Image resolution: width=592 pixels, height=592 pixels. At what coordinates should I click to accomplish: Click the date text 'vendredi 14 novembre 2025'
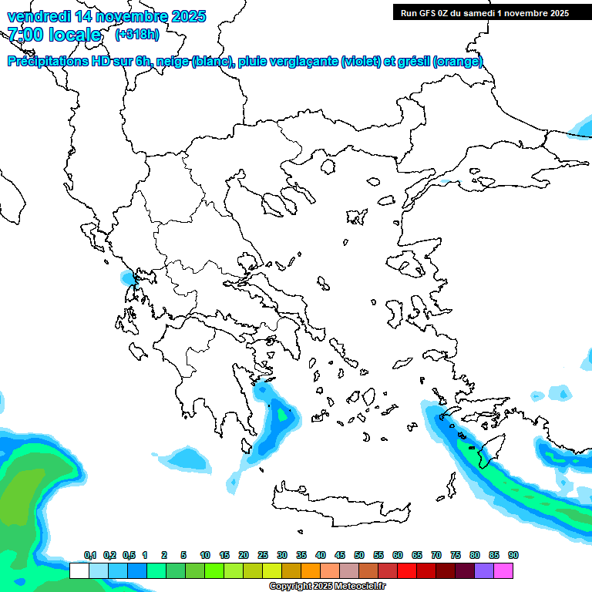click(x=106, y=16)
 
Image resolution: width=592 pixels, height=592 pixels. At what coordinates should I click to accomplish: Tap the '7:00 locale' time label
click(x=54, y=35)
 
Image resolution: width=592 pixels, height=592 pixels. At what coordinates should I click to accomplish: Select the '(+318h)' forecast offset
click(x=138, y=35)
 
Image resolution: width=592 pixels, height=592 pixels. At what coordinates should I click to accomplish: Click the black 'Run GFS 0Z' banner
click(x=481, y=13)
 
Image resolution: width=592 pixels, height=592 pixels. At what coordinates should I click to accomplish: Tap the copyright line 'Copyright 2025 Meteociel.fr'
click(x=327, y=587)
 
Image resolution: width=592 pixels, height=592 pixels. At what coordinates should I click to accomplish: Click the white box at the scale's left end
click(x=79, y=570)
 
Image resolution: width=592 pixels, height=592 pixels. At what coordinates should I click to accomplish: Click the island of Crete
click(x=339, y=505)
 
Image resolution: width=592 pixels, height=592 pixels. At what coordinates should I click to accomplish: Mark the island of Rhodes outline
click(x=488, y=452)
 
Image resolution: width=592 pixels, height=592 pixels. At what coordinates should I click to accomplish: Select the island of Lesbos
click(x=409, y=266)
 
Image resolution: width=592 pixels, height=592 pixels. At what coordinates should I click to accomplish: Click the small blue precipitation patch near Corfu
click(x=126, y=277)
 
